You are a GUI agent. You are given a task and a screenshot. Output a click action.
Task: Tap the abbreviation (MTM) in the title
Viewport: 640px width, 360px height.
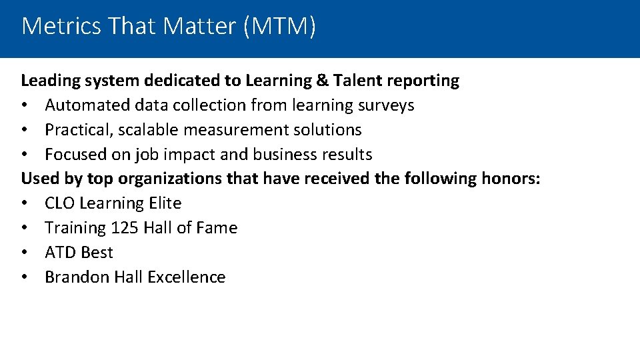[280, 27]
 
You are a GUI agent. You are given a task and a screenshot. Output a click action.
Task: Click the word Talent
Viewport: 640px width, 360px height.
[356, 81]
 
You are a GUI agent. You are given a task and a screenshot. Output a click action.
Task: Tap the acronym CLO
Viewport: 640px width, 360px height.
[59, 203]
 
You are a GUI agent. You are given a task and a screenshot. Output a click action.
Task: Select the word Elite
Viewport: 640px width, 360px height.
[164, 203]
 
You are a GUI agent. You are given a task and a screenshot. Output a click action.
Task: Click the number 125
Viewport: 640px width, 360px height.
[125, 228]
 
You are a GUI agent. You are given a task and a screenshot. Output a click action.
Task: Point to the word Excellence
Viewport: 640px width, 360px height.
[187, 277]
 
